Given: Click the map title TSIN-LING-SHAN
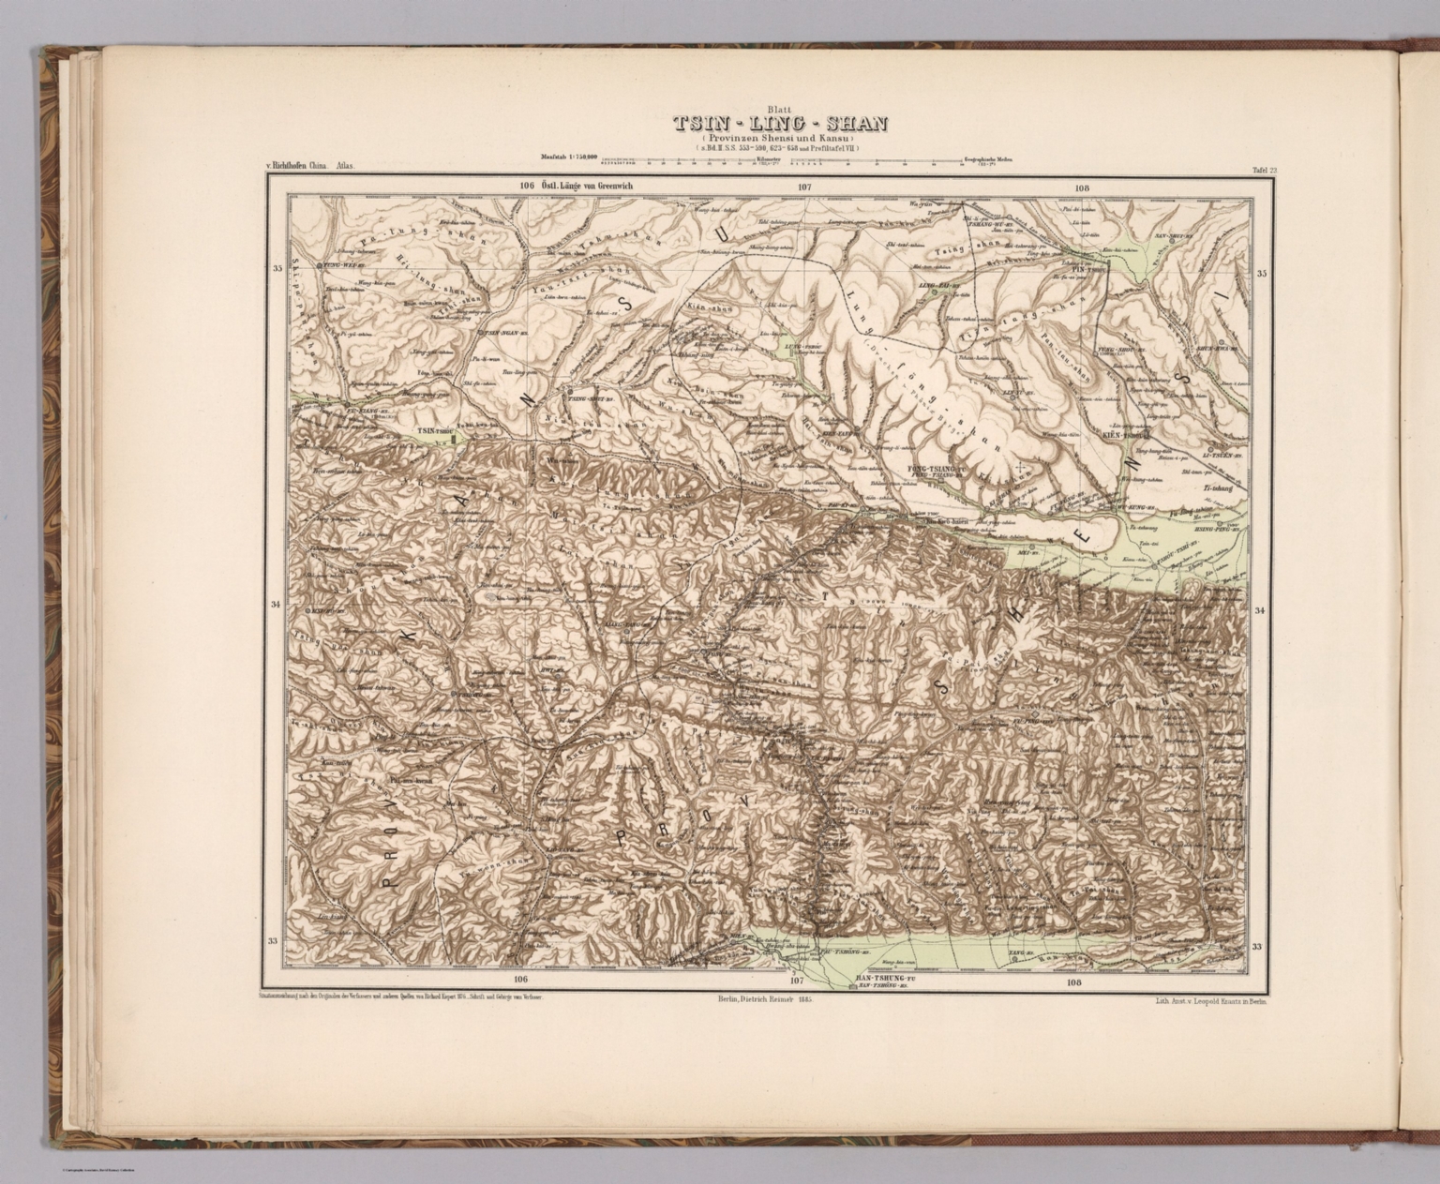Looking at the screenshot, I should click(x=779, y=124).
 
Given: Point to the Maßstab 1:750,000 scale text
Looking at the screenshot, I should click(x=568, y=157).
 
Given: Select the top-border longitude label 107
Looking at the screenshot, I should click(x=803, y=187).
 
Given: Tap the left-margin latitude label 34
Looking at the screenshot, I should click(x=276, y=605).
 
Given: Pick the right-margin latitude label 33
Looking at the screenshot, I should click(x=1256, y=946).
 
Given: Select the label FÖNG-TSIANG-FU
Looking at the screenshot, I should click(x=936, y=467).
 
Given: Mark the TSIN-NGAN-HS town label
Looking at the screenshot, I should click(x=506, y=332).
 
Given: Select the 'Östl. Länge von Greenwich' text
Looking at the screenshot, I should click(x=591, y=187).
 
